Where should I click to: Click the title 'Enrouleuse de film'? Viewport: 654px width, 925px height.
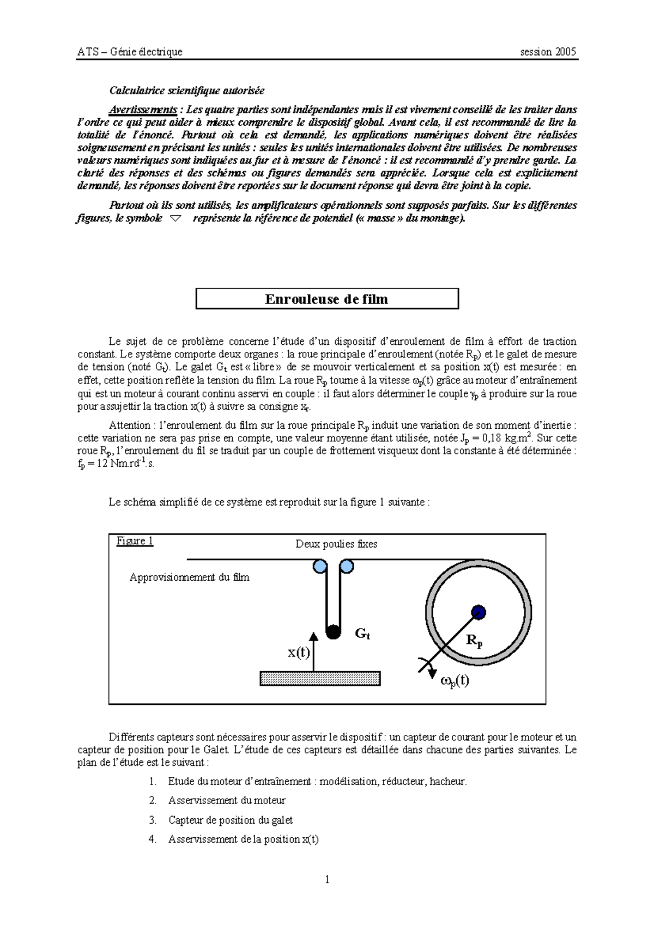pyautogui.click(x=326, y=299)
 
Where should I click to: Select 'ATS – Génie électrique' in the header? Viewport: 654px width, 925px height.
pyautogui.click(x=130, y=52)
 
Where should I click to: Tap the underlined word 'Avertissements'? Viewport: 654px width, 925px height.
pyautogui.click(x=142, y=109)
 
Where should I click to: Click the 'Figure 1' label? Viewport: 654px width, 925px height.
pyautogui.click(x=135, y=541)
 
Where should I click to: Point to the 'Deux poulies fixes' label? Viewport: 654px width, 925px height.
pyautogui.click(x=336, y=544)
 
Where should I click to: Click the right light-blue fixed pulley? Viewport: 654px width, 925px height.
pyautogui.click(x=346, y=567)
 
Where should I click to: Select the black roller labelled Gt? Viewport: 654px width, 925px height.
pyautogui.click(x=333, y=632)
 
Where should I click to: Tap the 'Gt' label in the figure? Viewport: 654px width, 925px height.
pyautogui.click(x=362, y=634)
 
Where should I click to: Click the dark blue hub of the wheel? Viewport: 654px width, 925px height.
pyautogui.click(x=478, y=612)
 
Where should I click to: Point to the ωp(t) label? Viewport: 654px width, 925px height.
pyautogui.click(x=454, y=680)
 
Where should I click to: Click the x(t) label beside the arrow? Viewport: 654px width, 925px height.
pyautogui.click(x=298, y=652)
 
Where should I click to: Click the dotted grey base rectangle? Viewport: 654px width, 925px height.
pyautogui.click(x=320, y=678)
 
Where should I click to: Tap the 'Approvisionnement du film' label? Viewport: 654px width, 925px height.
pyautogui.click(x=189, y=577)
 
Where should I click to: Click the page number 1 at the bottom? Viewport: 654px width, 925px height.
pyautogui.click(x=327, y=879)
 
